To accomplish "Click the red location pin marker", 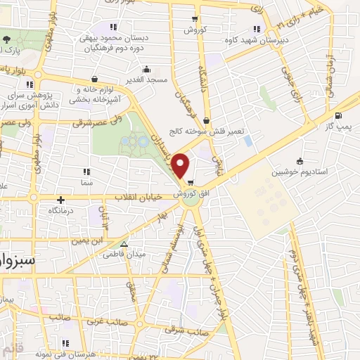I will [181, 165].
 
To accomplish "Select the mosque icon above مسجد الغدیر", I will [146, 69].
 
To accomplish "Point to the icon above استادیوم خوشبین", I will [300, 160].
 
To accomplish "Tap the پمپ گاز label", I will [337, 125].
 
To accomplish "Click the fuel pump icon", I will [339, 115].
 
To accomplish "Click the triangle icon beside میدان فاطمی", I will [124, 245].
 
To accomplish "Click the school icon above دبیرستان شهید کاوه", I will [256, 28].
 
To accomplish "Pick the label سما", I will [86, 182].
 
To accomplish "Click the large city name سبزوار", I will [19, 259].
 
